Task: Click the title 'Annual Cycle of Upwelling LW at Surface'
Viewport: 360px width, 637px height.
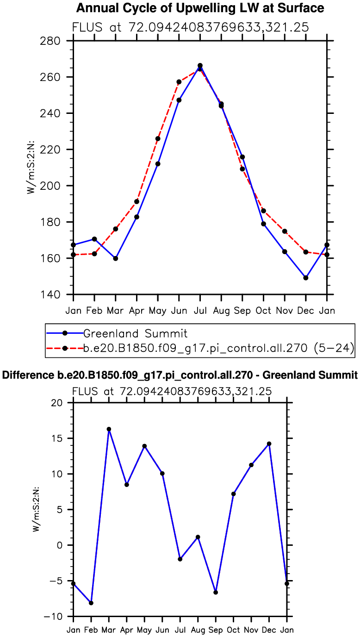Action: coord(200,8)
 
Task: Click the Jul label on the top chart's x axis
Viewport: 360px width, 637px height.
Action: coord(200,310)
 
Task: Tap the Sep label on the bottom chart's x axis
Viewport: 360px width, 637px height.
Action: coord(216,630)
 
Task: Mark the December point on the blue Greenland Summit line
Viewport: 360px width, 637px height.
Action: coord(306,278)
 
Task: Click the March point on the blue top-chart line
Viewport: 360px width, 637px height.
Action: coord(116,258)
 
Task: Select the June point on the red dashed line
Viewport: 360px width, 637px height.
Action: coord(179,82)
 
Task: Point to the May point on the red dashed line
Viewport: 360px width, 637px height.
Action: coord(158,138)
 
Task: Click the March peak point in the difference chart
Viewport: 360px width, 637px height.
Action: coord(109,429)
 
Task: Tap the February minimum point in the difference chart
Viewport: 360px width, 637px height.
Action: coord(91,603)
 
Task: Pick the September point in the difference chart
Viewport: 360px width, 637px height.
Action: coord(216,593)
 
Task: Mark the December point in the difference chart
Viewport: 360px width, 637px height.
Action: coord(269,443)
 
